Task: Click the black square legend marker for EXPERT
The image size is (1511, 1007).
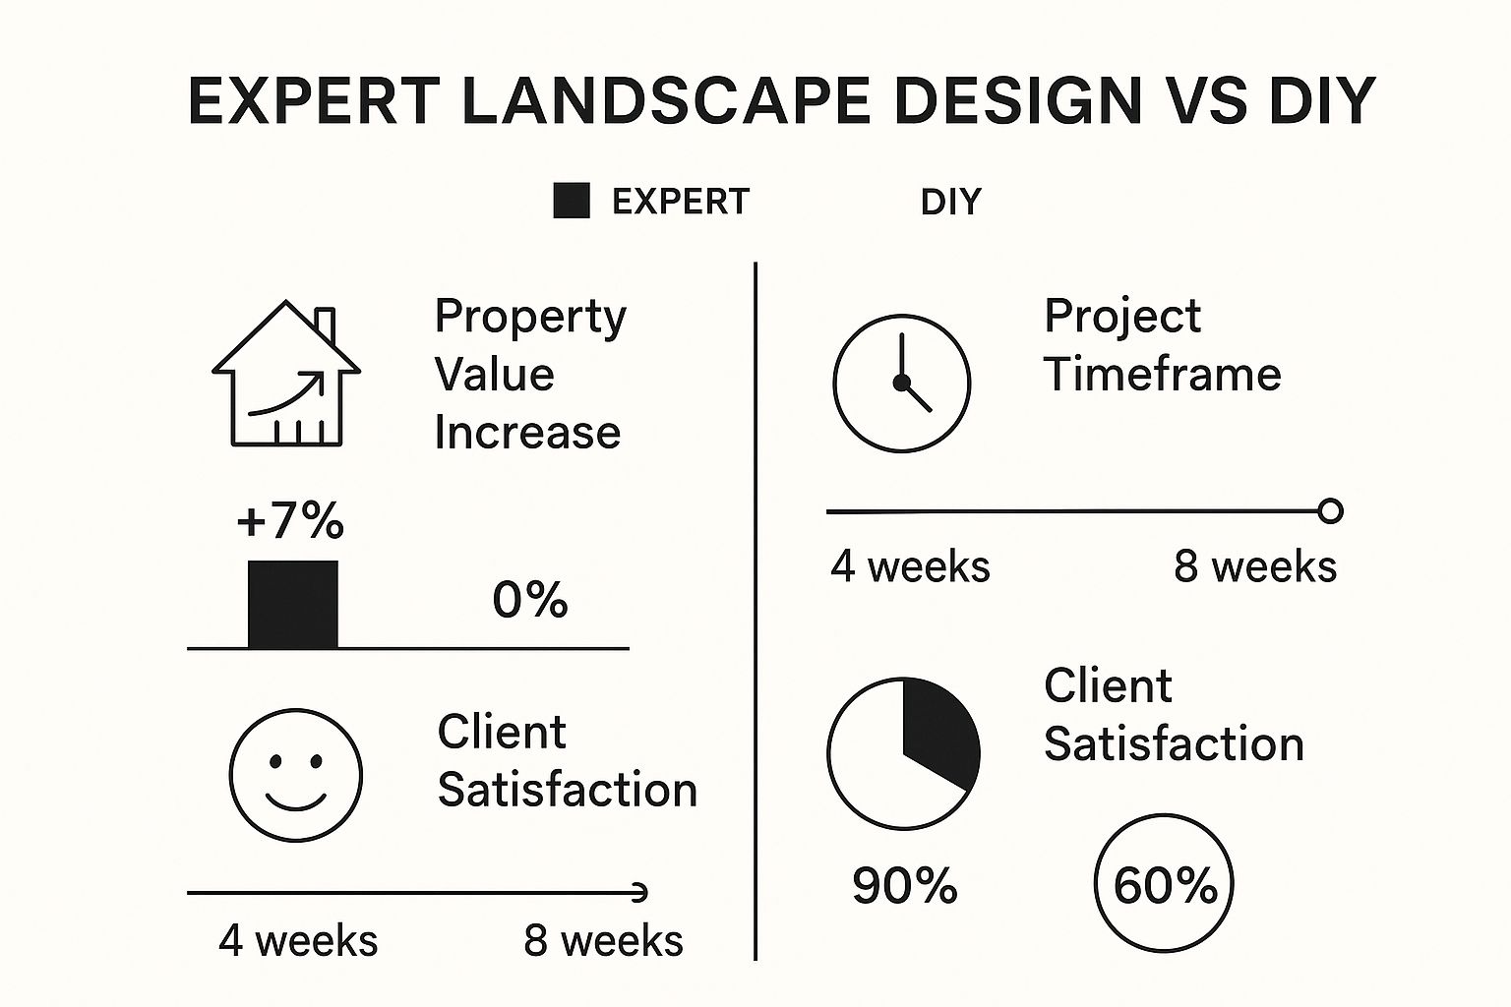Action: [x=572, y=201]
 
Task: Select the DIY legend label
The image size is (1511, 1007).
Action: [x=950, y=202]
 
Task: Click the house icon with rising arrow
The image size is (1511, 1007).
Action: [x=286, y=375]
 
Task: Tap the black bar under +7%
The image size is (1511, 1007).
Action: [x=293, y=605]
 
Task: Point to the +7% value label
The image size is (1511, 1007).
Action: [x=290, y=520]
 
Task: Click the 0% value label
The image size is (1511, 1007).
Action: [x=530, y=599]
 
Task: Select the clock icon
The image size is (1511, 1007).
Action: [x=901, y=384]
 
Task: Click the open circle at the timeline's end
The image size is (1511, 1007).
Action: [x=1330, y=511]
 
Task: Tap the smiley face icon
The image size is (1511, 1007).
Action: [x=295, y=775]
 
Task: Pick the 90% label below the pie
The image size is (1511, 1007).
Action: [x=904, y=885]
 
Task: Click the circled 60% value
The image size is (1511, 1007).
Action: [x=1164, y=884]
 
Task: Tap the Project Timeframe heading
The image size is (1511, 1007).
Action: [x=1162, y=345]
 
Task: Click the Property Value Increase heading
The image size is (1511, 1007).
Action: [x=530, y=375]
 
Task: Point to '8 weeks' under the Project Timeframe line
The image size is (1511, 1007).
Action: [x=1255, y=566]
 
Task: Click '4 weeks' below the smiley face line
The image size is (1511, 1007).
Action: [x=298, y=940]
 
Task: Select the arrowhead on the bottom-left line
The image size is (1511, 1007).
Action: [x=640, y=893]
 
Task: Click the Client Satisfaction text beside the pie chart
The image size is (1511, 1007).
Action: [x=1174, y=715]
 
